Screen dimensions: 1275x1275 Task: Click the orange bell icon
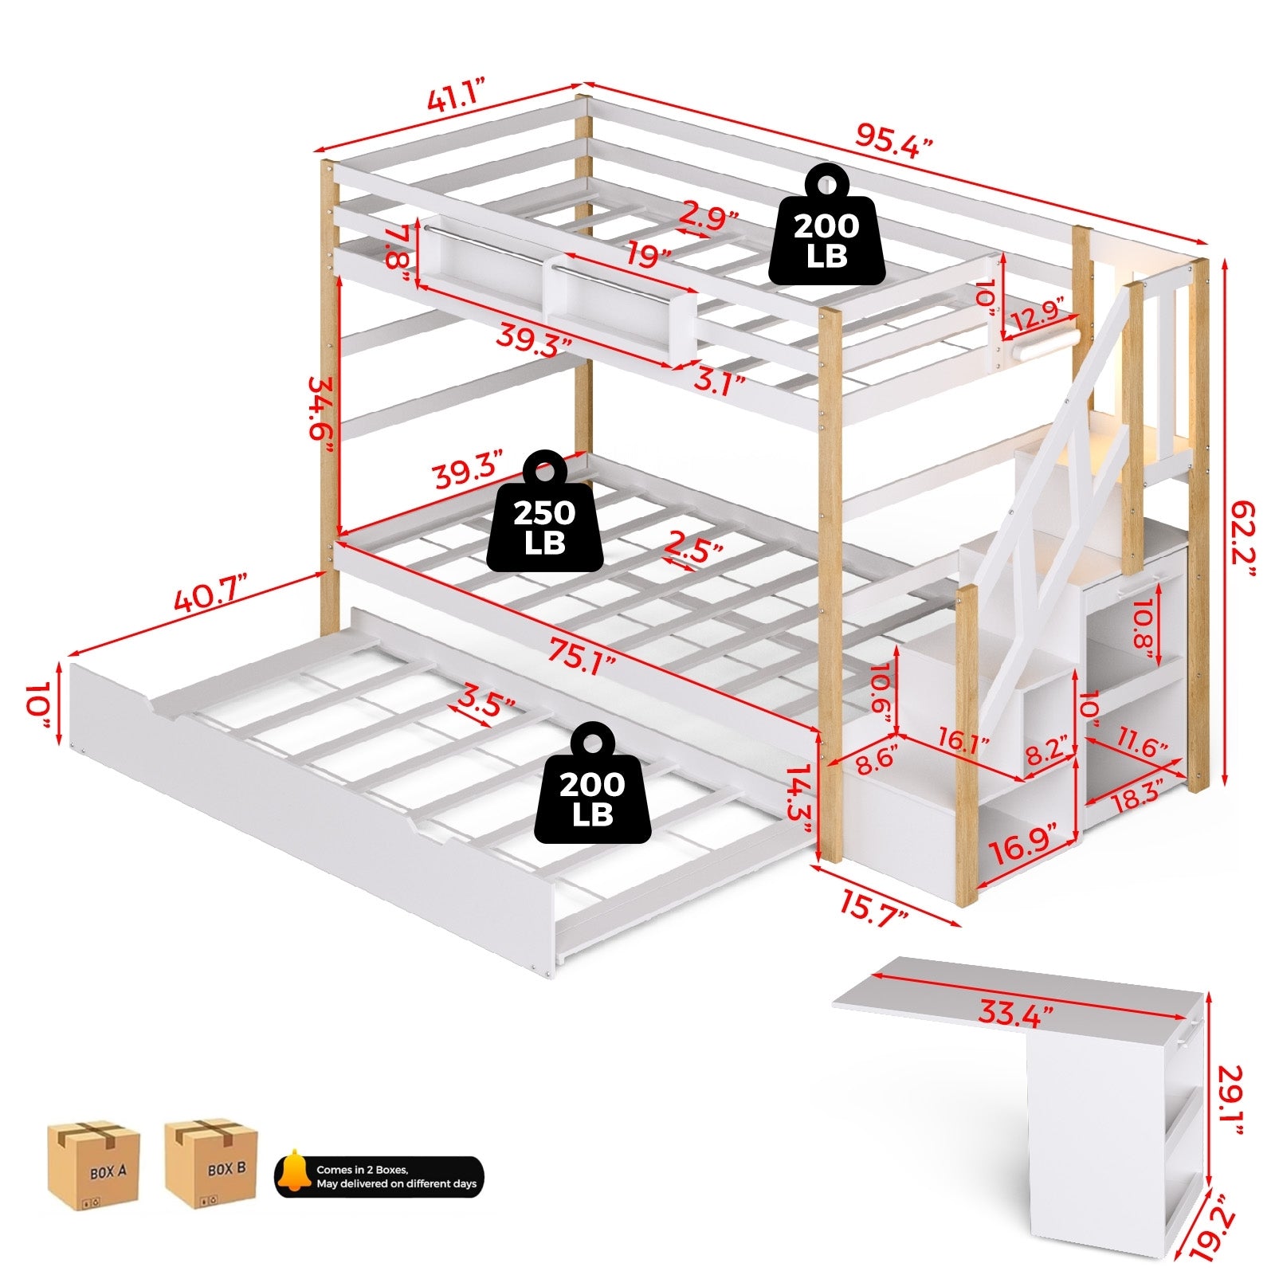coord(295,1171)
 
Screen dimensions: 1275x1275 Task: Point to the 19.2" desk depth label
coord(1223,1234)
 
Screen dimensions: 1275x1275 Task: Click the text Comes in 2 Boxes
coord(363,1170)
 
